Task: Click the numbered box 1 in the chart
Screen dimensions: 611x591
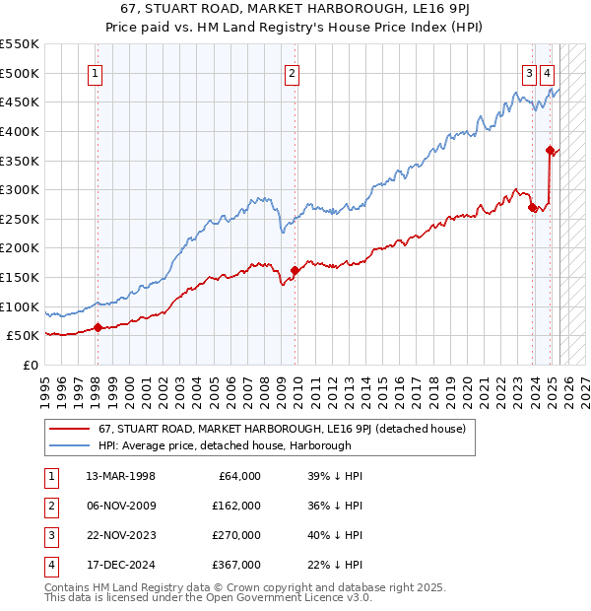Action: (96, 72)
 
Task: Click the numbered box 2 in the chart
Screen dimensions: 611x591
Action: (293, 72)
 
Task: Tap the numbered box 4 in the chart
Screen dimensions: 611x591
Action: (547, 72)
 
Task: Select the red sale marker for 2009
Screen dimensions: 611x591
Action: (295, 270)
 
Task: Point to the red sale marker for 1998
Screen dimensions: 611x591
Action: (98, 327)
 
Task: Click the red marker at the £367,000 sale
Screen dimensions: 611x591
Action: (550, 150)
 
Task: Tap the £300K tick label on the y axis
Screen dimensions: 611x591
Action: (20, 189)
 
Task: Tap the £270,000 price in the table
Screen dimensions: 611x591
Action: (236, 535)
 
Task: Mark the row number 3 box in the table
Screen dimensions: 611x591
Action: (49, 535)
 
